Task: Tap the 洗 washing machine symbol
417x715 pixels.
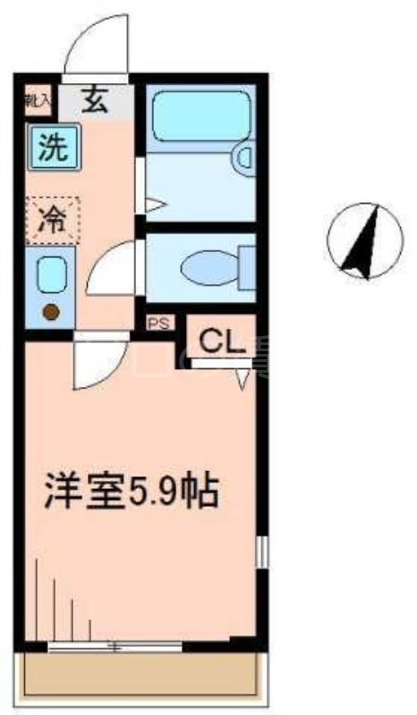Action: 55,147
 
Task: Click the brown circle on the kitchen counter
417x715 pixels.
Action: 51,312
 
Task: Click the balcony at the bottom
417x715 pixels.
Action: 140,677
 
